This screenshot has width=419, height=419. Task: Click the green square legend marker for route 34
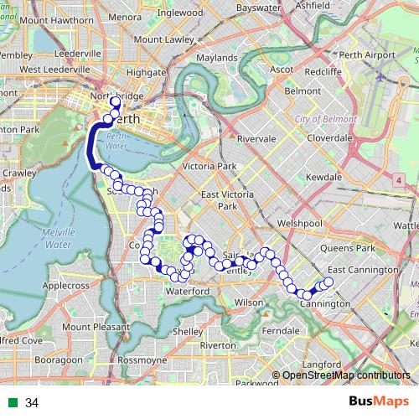(x=11, y=403)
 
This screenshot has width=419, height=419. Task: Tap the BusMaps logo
(x=380, y=402)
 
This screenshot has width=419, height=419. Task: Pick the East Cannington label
(x=362, y=270)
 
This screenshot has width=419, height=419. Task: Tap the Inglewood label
(x=179, y=13)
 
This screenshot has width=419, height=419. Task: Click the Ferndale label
(x=281, y=330)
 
